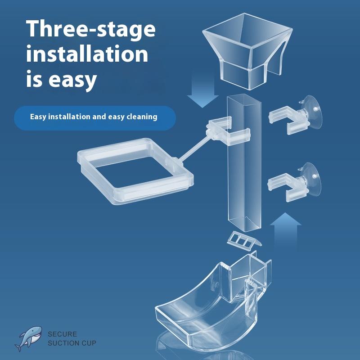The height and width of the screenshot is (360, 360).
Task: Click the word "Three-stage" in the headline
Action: [91, 29]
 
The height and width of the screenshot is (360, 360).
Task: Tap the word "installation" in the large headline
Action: [87, 54]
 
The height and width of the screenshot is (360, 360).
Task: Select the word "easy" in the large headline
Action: [72, 80]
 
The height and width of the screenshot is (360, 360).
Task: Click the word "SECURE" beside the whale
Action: [62, 334]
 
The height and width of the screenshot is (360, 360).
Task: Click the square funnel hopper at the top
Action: [247, 51]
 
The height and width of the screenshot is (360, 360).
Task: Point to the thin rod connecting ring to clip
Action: [194, 148]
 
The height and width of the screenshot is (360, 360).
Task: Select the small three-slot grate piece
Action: [244, 241]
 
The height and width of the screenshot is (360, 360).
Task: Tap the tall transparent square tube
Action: [244, 163]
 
